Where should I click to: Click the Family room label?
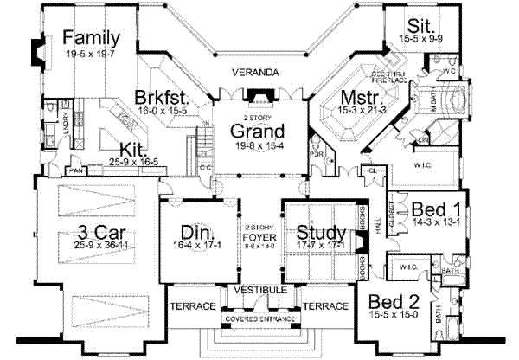(x=90, y=38)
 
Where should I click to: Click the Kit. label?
(x=132, y=147)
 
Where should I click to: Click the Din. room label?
(x=197, y=232)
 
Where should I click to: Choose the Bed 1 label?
(x=429, y=209)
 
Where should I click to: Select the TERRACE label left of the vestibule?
(x=189, y=306)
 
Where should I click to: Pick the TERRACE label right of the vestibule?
(x=326, y=306)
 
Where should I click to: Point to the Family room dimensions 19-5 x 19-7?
(x=89, y=53)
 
